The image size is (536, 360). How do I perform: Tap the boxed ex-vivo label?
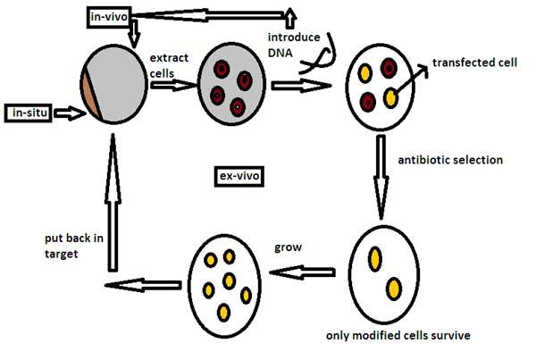[x=239, y=176]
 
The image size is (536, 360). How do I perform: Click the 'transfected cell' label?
[x=471, y=63]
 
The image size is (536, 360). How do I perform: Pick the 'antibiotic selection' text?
[x=452, y=160]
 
